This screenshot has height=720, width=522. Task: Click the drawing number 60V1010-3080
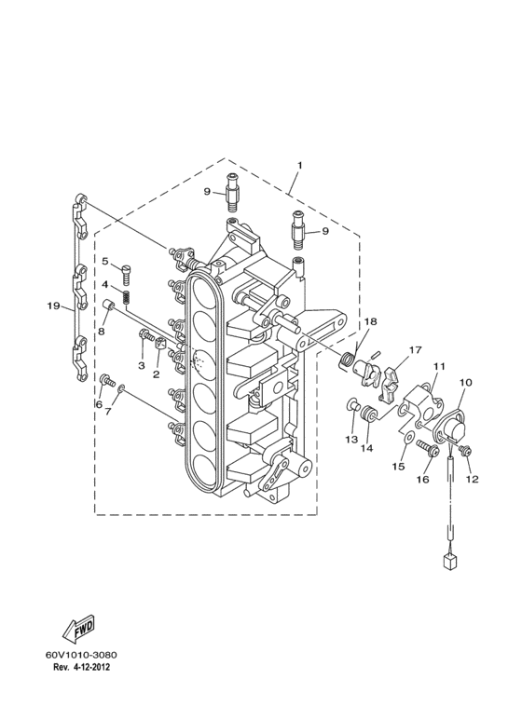click(x=81, y=655)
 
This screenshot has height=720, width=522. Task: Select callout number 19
click(x=54, y=306)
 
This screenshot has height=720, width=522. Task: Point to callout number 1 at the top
click(x=299, y=164)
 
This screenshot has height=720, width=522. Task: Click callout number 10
click(x=465, y=382)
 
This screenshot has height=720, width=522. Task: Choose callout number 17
click(x=415, y=350)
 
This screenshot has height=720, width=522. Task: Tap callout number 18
click(x=370, y=321)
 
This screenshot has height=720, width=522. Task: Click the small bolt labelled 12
click(x=464, y=451)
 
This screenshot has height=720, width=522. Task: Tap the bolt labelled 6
click(x=107, y=380)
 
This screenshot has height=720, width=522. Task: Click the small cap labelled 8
click(x=109, y=305)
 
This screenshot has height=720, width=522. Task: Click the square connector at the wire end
click(x=449, y=563)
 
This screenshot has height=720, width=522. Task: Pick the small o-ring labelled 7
click(x=121, y=389)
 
